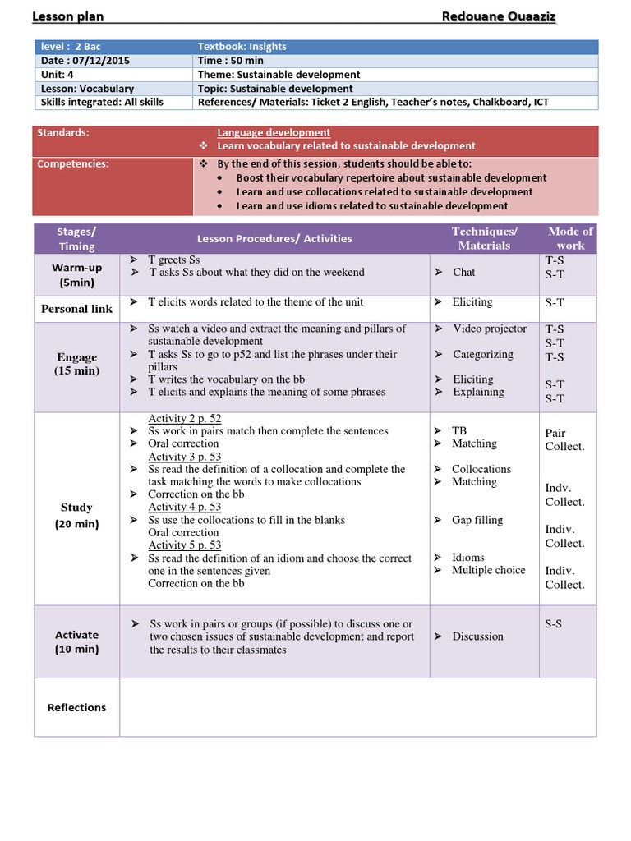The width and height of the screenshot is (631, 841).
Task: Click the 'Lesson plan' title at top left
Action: [x=67, y=17]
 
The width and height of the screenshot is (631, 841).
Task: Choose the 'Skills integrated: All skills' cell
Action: [x=101, y=103]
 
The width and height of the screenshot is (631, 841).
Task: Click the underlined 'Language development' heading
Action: [x=274, y=132]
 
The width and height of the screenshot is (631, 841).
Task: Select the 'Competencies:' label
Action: [x=73, y=163]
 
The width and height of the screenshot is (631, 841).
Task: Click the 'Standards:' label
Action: [x=64, y=132]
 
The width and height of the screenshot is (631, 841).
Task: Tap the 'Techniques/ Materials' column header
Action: [x=484, y=238]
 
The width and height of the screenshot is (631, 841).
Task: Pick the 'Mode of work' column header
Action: [x=570, y=238]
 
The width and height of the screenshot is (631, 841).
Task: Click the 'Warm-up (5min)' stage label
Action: [x=76, y=275]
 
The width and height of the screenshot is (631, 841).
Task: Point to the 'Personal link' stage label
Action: [x=76, y=309]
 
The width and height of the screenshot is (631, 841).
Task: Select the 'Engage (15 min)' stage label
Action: [x=77, y=364]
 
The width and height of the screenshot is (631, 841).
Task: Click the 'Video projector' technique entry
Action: [x=490, y=329]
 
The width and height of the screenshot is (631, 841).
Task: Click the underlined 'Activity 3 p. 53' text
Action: [x=185, y=457]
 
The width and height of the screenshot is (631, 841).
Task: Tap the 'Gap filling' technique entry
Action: [x=477, y=520]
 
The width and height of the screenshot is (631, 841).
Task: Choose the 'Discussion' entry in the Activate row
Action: [x=477, y=636]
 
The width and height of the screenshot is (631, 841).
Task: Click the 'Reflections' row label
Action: [x=76, y=707]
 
